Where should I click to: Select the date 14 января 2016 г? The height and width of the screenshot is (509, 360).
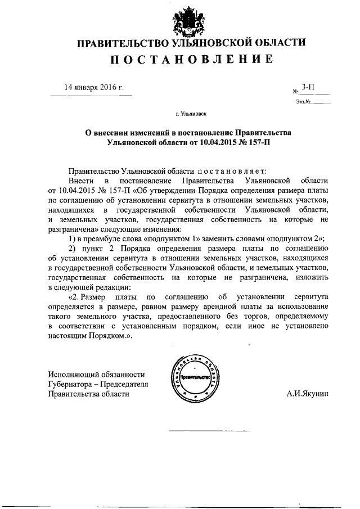94,87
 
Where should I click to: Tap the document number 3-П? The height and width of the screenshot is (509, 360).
308,87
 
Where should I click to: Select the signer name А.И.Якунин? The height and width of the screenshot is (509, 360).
310,394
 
